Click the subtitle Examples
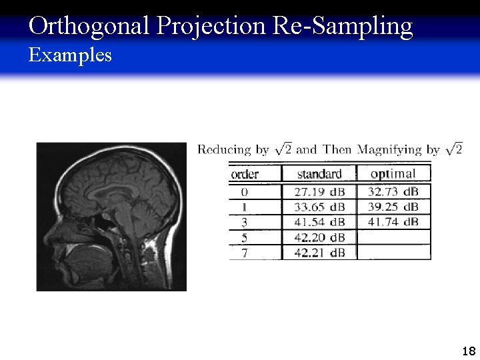point(70,55)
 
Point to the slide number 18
point(468,351)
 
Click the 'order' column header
point(245,174)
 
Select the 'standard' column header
point(319,174)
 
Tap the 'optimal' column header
point(393,174)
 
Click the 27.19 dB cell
point(319,191)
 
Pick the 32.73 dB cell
point(393,191)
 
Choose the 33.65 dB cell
point(319,207)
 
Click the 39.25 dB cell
point(393,207)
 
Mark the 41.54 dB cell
point(319,222)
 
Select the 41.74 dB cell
point(393,222)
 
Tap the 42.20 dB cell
point(319,237)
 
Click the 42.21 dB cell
point(319,253)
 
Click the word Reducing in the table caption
point(224,150)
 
